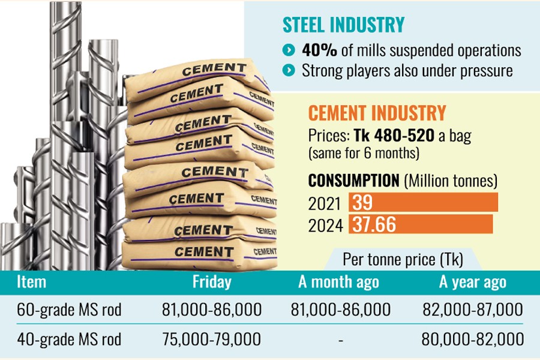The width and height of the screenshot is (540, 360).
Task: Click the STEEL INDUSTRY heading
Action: [344, 25]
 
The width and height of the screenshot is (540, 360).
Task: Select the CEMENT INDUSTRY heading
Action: [377, 113]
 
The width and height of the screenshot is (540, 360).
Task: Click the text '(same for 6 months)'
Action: [363, 154]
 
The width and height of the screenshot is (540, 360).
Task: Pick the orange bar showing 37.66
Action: [420, 224]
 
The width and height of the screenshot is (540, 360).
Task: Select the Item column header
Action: [32, 281]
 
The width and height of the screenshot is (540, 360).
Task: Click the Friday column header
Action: [212, 282]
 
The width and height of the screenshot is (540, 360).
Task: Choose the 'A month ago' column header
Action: [339, 282]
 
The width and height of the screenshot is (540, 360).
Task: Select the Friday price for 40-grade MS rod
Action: [212, 340]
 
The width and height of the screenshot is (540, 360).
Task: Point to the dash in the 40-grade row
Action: [340, 340]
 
